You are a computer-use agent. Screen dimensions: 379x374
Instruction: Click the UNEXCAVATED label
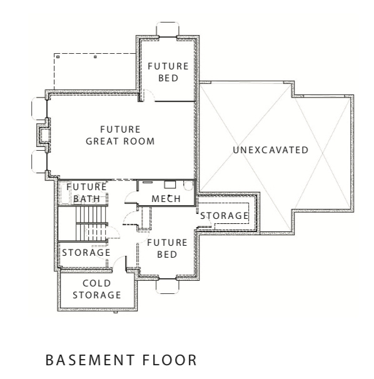[x=270, y=150]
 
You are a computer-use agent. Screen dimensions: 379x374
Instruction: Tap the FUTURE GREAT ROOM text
[x=119, y=136]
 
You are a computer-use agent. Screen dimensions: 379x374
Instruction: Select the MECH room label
[x=166, y=199]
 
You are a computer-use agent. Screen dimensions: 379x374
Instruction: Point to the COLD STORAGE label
[x=96, y=290]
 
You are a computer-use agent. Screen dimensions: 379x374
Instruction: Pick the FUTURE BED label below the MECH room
[x=167, y=249]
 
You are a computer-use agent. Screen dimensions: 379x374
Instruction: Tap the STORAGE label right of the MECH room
[x=224, y=216]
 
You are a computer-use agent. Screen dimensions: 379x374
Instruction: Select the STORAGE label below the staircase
[x=86, y=252]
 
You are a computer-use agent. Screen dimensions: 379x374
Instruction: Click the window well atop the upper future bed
[x=167, y=29]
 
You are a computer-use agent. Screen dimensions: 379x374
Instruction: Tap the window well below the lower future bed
[x=167, y=286]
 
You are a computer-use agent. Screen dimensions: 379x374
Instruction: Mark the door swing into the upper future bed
[x=145, y=95]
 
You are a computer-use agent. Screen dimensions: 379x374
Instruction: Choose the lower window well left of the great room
[x=36, y=161]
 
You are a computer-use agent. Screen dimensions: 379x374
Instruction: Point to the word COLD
[x=96, y=283]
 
